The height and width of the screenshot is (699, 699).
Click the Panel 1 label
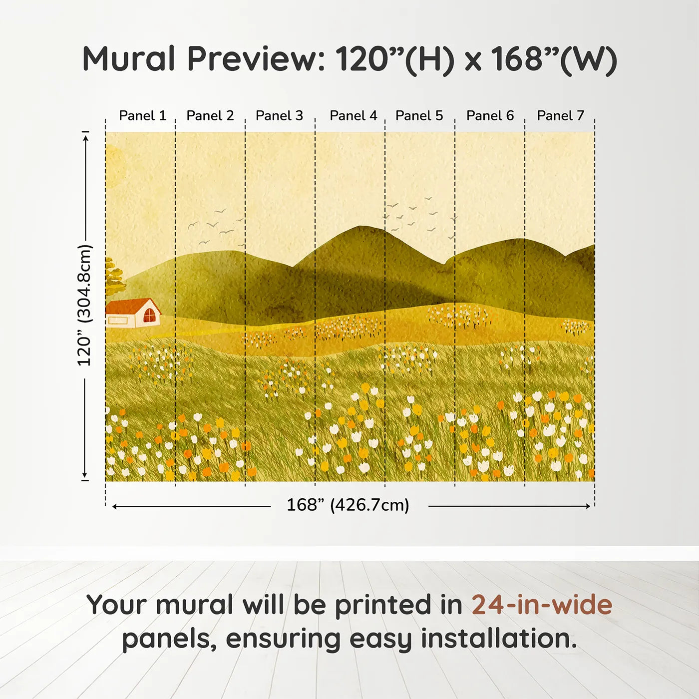point(142,116)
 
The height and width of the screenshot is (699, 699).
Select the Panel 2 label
point(210,116)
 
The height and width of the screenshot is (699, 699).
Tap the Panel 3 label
point(279,116)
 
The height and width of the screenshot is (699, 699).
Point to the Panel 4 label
point(353,116)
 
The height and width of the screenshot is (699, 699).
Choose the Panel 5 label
point(419,116)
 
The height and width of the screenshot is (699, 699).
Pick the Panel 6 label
point(490,116)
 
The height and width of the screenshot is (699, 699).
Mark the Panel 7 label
point(560,116)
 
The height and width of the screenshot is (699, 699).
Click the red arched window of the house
point(149,316)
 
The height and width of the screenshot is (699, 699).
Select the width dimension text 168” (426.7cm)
point(348,505)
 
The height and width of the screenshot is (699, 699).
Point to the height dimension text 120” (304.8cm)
point(84,305)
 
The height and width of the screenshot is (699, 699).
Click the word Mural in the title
point(128,59)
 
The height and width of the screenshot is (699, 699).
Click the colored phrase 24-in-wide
point(542,605)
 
